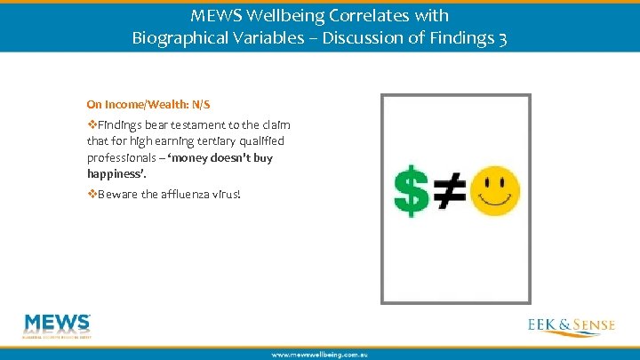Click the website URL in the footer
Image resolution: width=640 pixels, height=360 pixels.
pos(319,354)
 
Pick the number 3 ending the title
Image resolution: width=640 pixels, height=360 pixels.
pos(502,39)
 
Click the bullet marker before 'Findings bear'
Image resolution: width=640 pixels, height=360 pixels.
pos(92,125)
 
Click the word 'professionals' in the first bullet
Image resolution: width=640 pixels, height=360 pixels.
pos(120,157)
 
